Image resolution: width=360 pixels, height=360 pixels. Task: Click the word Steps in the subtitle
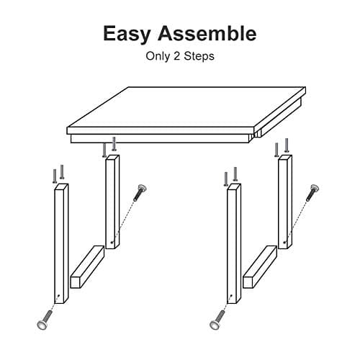199,55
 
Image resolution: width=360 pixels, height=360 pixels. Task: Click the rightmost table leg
285,202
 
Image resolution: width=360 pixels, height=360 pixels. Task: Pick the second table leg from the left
112,202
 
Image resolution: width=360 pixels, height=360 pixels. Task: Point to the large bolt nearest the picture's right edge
314,192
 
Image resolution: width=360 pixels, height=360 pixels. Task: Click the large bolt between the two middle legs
141,192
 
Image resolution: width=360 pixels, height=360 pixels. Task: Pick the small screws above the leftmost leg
58,174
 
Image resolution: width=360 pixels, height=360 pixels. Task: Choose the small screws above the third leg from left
230,175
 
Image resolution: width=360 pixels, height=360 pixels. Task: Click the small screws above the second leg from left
109,148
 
